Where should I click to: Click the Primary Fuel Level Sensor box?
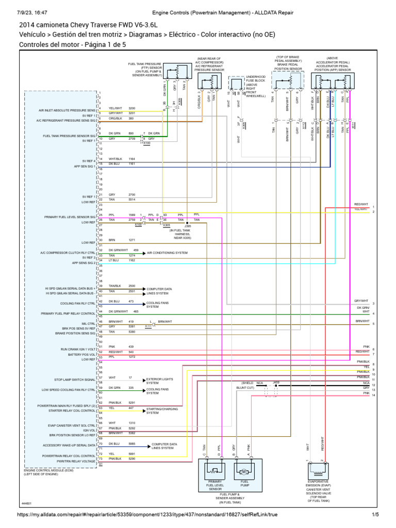(214, 471)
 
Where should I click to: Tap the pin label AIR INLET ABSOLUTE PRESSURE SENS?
(67, 110)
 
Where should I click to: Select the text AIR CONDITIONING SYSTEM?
(167, 253)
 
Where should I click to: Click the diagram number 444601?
(27, 504)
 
